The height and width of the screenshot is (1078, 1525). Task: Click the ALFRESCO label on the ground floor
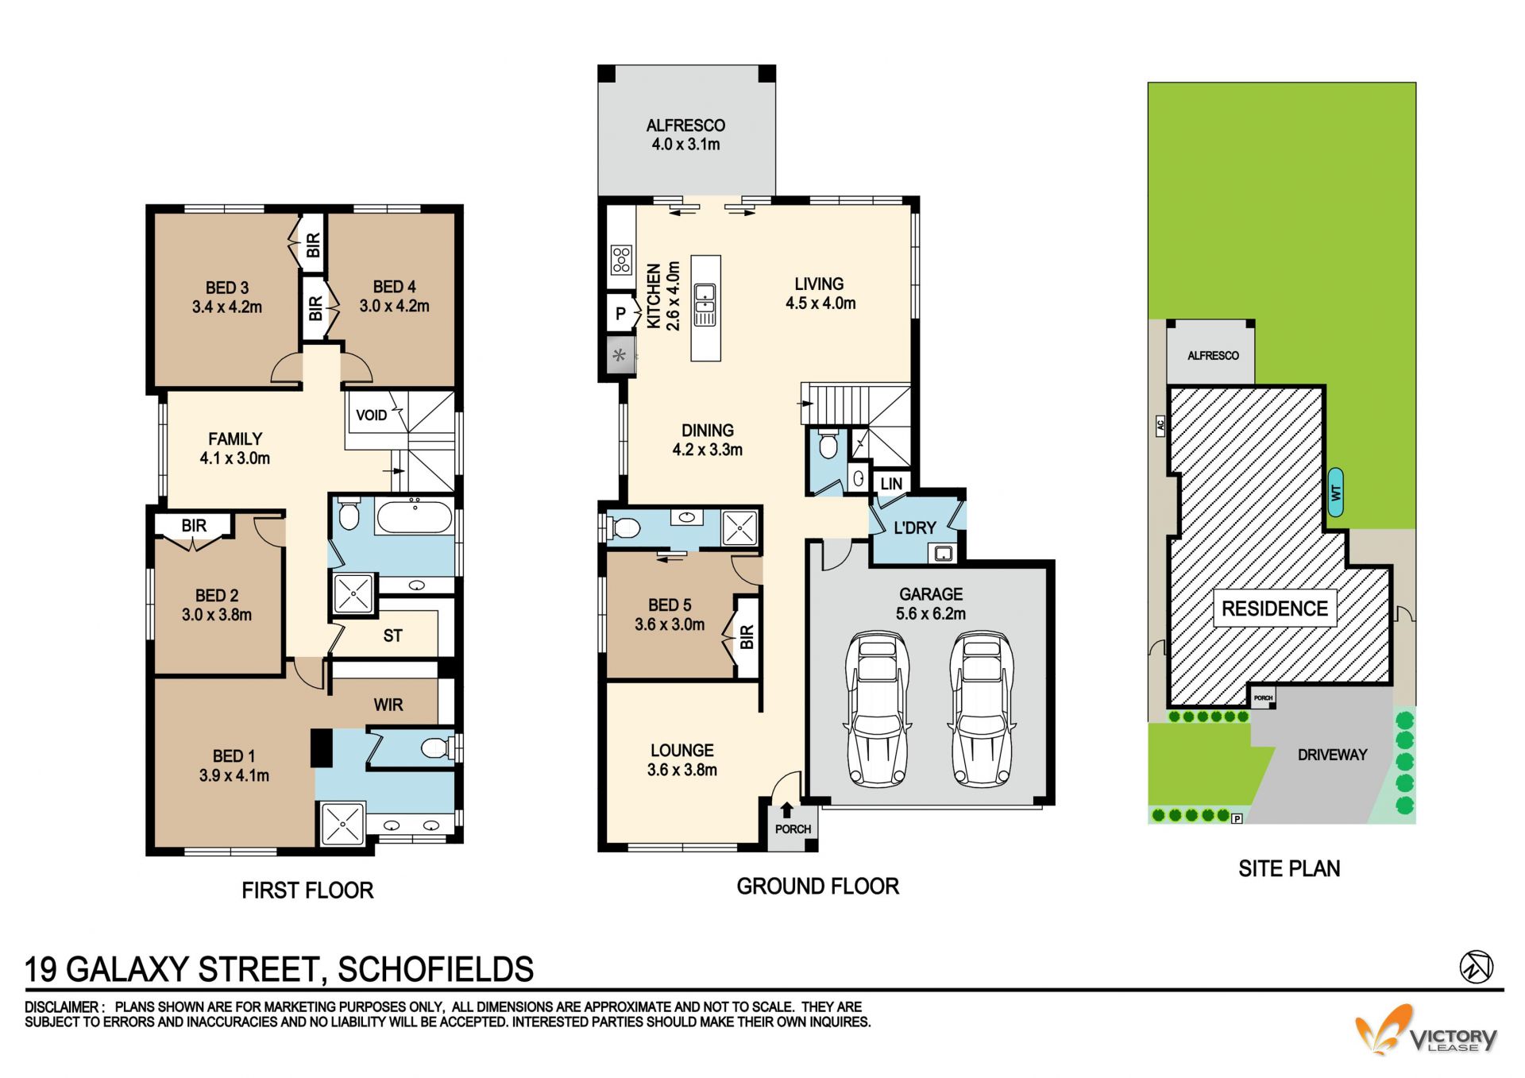[x=685, y=126]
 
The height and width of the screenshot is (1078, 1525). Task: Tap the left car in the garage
[x=878, y=709]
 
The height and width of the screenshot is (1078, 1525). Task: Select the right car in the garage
[x=982, y=709]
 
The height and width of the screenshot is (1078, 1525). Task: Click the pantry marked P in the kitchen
[x=621, y=313]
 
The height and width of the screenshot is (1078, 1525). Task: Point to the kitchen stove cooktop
[x=621, y=259]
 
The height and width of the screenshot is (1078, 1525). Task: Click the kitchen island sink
[x=705, y=304]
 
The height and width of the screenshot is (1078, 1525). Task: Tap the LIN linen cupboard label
[x=891, y=484]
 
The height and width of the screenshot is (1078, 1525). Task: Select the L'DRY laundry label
[x=915, y=527]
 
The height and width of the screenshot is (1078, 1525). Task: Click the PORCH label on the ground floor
[x=793, y=829]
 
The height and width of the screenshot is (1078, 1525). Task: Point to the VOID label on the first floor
[x=371, y=415]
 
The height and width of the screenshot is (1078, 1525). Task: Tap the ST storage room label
[x=392, y=636]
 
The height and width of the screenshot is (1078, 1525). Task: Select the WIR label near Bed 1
[x=388, y=705]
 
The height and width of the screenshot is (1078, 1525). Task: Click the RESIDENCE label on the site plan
[x=1274, y=609]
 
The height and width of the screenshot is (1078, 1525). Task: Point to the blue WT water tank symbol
[x=1336, y=493]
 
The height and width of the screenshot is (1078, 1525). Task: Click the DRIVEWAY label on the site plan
[x=1332, y=755]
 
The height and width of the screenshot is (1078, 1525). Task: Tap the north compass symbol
[x=1476, y=967]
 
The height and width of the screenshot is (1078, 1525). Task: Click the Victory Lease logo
[x=1426, y=1030]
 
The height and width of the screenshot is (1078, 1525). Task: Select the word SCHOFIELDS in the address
[x=435, y=969]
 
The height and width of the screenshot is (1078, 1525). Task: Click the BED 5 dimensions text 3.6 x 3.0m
[x=670, y=624]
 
